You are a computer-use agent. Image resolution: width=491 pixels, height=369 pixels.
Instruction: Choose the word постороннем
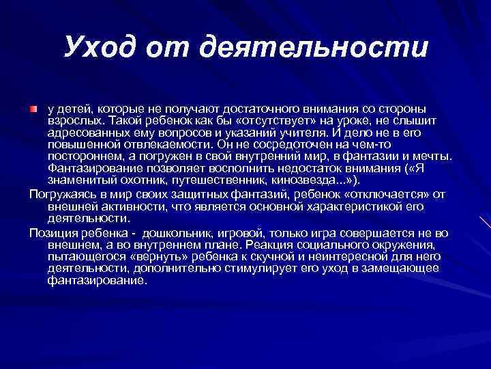tap(81, 156)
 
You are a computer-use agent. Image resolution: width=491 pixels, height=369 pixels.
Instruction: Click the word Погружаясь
tap(62, 194)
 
